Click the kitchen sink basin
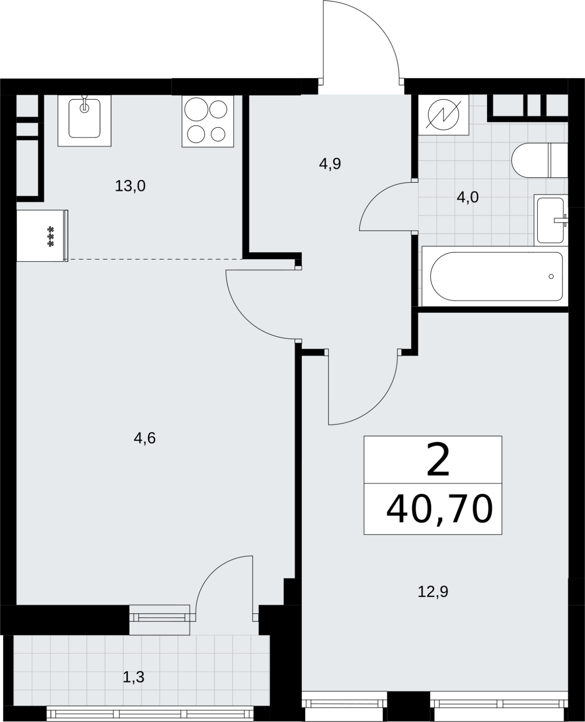click(84, 119)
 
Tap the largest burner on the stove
click(196, 109)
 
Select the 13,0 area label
click(130, 186)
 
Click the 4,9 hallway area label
click(330, 164)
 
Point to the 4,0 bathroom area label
click(467, 197)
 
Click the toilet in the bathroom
click(539, 160)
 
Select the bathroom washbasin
click(550, 220)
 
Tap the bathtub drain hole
click(551, 277)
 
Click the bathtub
click(494, 277)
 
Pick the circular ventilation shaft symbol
click(443, 115)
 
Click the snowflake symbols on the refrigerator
click(51, 236)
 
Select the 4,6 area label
click(145, 438)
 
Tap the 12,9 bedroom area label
click(433, 592)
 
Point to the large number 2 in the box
click(438, 460)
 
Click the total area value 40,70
click(439, 509)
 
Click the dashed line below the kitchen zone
click(155, 259)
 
